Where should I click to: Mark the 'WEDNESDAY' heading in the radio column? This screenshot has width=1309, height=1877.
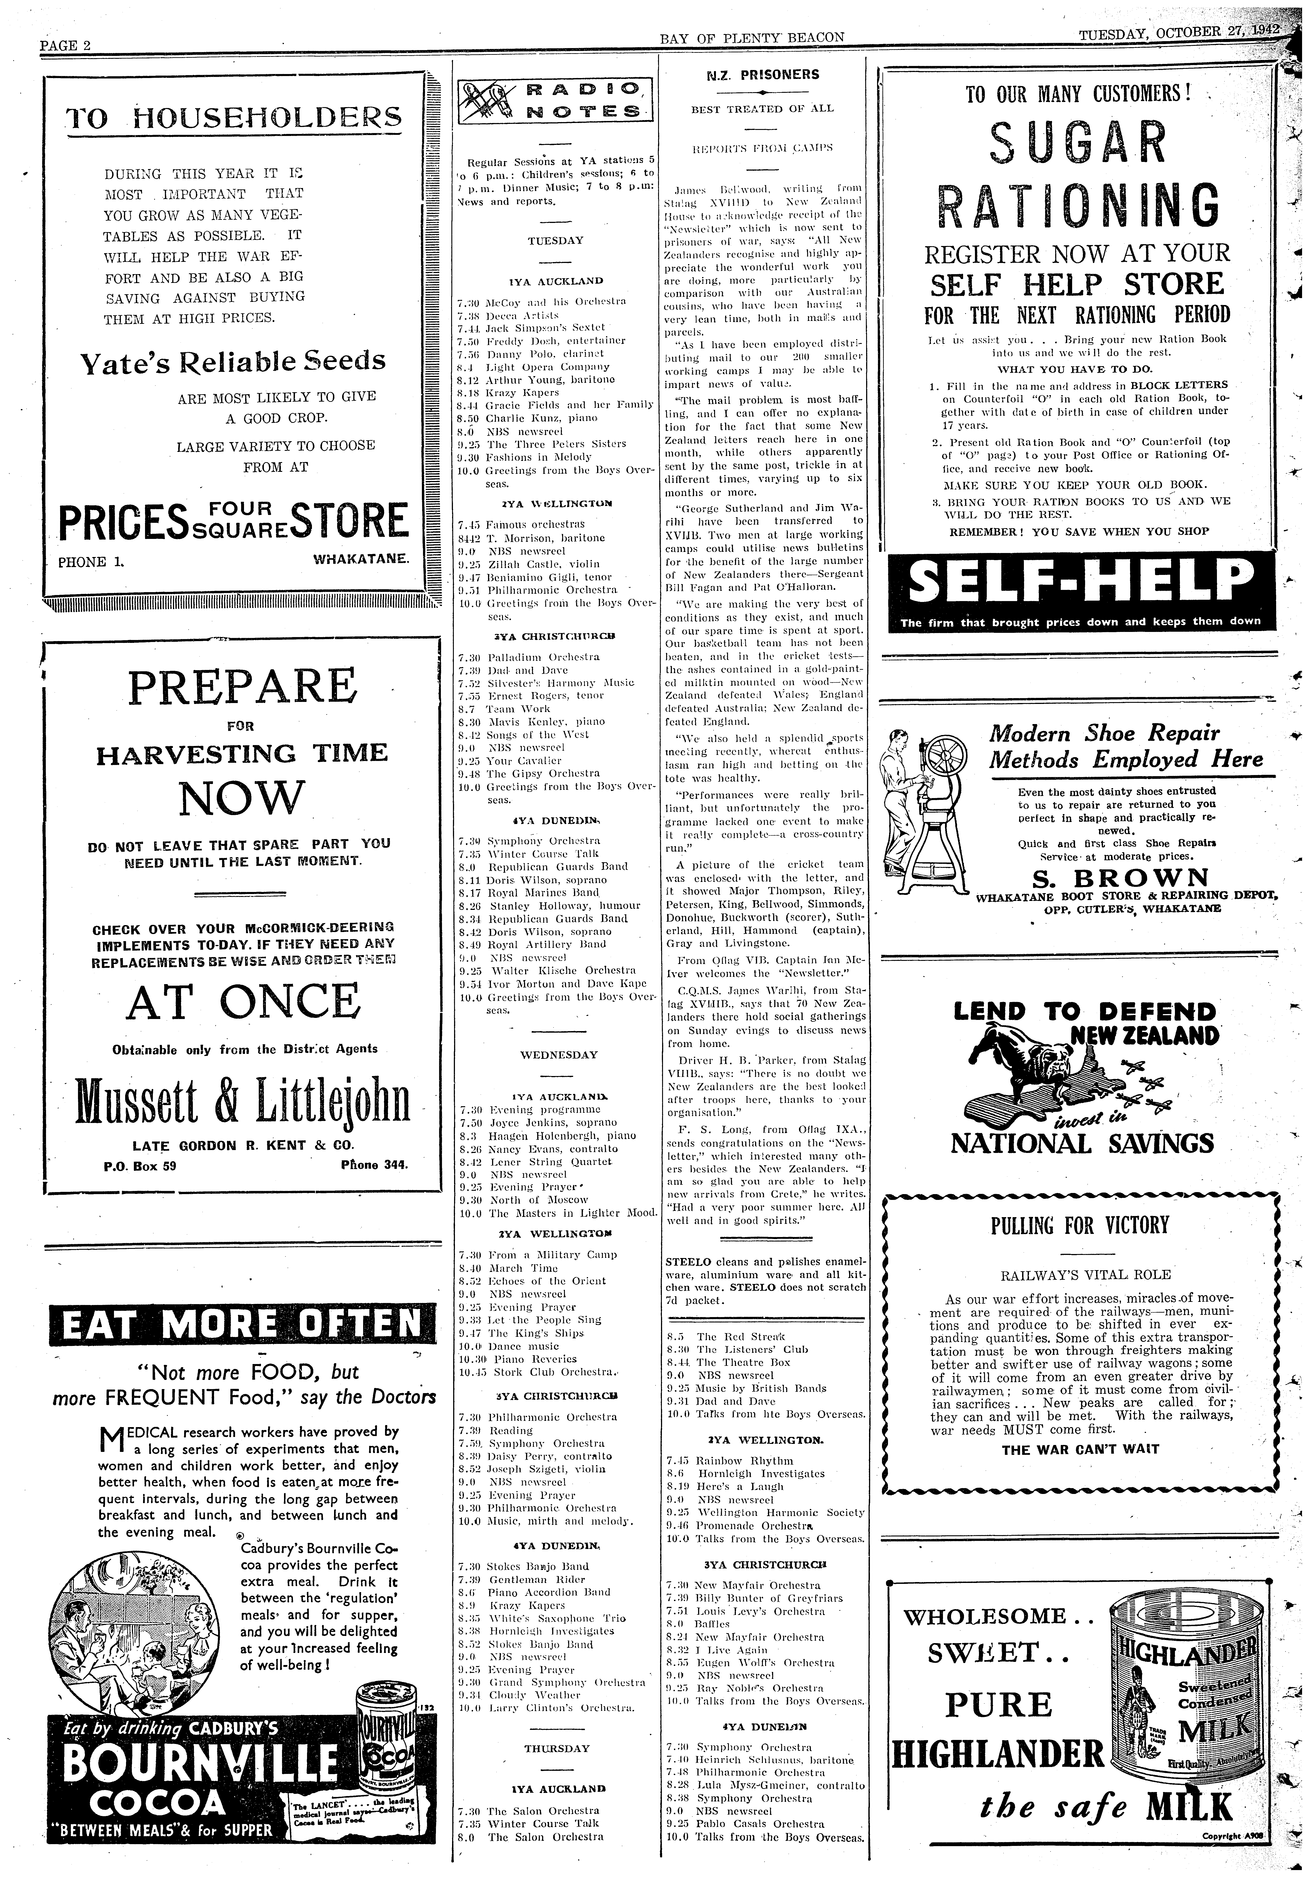pyautogui.click(x=559, y=1055)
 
